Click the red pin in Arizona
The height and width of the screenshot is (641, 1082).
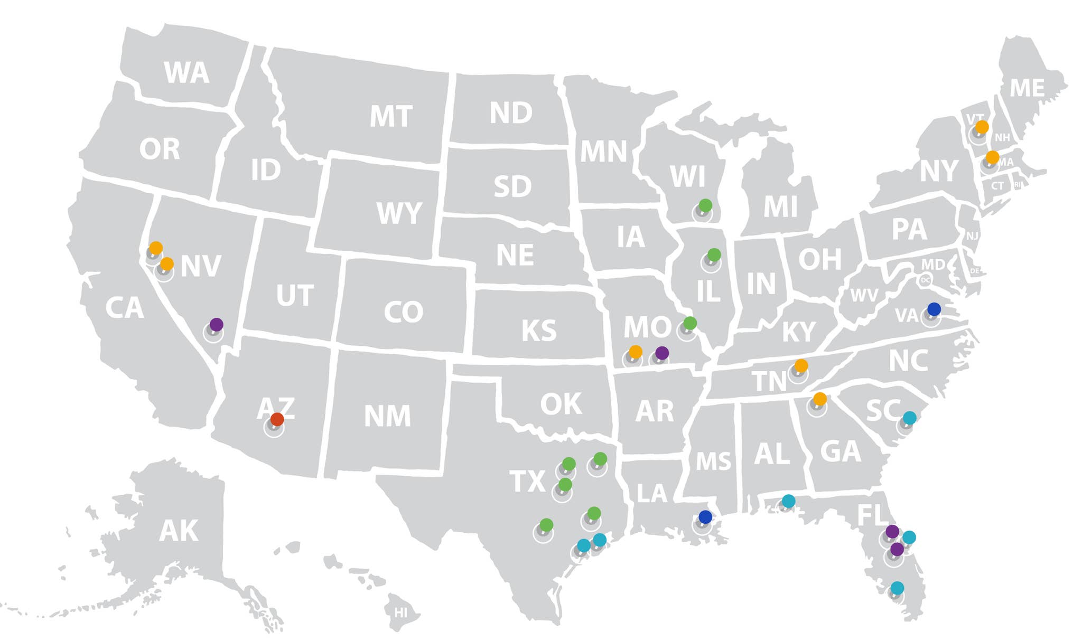277,419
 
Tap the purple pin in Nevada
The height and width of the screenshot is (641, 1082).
216,324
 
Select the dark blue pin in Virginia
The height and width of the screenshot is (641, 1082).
934,309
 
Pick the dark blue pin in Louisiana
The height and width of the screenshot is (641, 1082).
705,517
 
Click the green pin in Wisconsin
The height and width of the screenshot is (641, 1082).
705,205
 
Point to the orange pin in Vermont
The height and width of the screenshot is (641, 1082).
982,127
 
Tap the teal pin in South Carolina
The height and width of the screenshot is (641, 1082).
909,418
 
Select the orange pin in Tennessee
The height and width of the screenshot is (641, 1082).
801,365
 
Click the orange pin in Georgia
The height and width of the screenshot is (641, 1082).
819,399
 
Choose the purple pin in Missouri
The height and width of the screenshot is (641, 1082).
662,353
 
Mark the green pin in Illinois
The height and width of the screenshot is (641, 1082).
714,254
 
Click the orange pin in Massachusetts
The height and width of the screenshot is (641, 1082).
992,157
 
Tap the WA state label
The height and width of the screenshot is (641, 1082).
186,73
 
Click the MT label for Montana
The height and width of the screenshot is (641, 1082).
391,116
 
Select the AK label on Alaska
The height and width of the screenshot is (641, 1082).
179,531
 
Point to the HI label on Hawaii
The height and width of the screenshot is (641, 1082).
401,612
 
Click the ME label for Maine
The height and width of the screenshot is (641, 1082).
1027,88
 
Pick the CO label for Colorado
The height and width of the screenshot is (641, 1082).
403,312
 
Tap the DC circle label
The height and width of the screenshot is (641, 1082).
925,280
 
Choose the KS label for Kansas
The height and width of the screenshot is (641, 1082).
539,331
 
